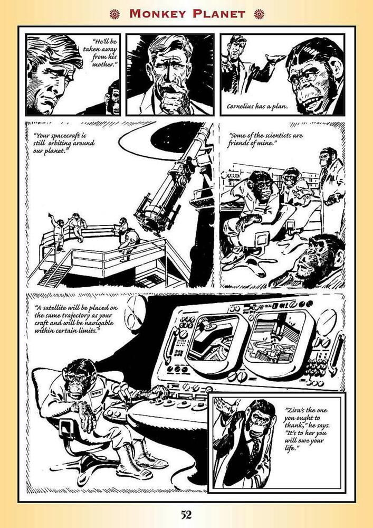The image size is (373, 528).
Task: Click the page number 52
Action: point(186,515)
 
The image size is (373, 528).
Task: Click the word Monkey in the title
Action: point(158,14)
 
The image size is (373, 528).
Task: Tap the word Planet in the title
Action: point(218,14)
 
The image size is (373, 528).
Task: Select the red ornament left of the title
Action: point(114,14)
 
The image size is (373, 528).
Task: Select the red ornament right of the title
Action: point(259,14)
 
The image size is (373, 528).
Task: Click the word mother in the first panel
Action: point(103,64)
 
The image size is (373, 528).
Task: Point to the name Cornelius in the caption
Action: point(240,107)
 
